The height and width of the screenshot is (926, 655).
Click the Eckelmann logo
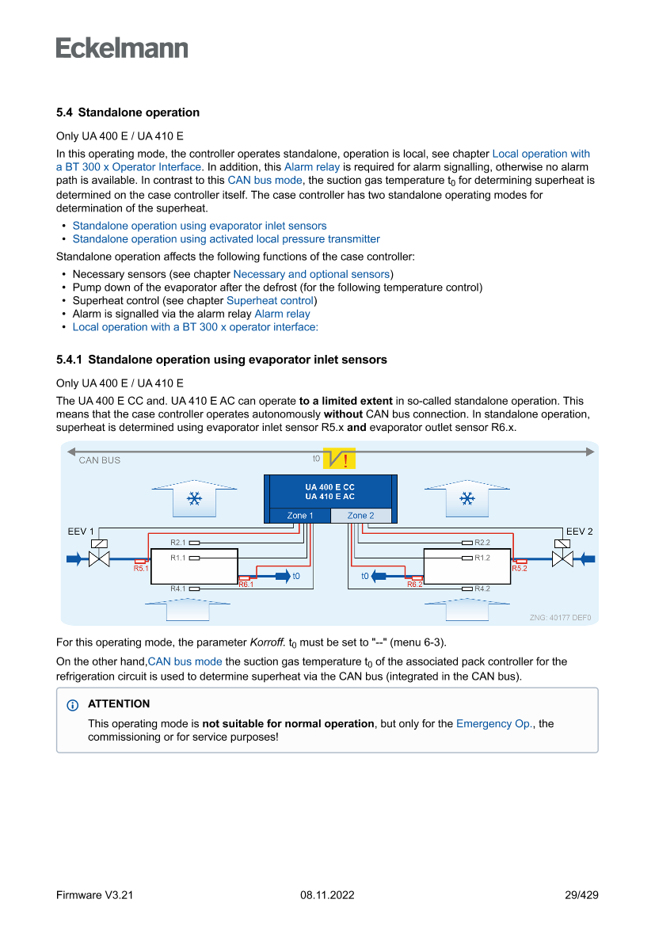coord(122,48)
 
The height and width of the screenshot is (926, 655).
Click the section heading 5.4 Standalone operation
coord(128,112)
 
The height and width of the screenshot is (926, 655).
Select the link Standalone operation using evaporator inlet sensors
coord(199,226)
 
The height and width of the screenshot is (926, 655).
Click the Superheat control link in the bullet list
coord(270,301)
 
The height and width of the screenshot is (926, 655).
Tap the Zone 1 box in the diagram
coord(300,516)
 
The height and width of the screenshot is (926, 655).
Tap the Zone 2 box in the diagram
coord(360,516)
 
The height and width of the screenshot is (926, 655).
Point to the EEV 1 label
coord(81,532)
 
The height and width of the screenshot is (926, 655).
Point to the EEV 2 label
coord(579,532)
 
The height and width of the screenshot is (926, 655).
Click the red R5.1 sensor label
coord(141,568)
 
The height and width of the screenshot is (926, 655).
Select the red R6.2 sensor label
coord(415,584)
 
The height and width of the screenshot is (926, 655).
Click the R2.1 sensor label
coord(177,543)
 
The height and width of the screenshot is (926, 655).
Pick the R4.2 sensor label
coord(482,589)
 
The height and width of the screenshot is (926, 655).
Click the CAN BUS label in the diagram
coord(100,460)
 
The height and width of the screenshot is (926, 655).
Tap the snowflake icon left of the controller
coord(192,498)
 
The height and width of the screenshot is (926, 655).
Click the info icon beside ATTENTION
coord(74,704)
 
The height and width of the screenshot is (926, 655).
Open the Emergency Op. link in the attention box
coord(494,723)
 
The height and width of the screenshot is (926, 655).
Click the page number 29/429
coord(581,895)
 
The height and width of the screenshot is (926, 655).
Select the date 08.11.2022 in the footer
coord(327,895)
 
